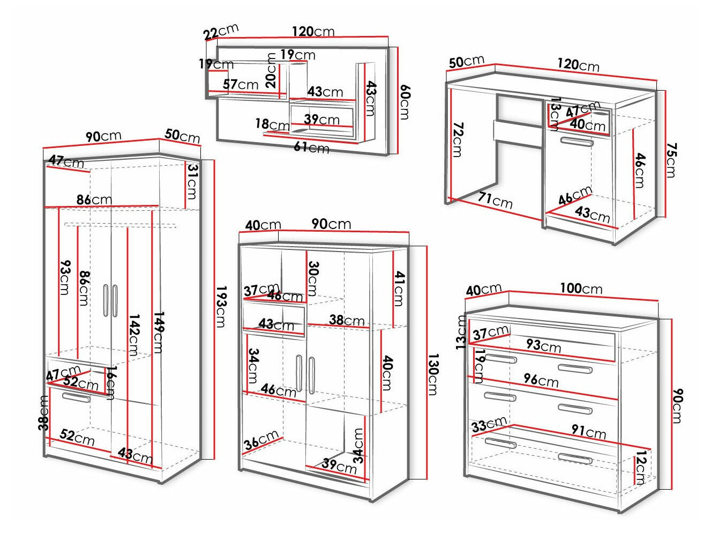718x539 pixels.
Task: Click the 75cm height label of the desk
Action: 671,159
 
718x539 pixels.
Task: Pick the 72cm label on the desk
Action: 457,139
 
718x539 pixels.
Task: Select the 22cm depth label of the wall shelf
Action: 221,32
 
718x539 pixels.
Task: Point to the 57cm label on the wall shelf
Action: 241,84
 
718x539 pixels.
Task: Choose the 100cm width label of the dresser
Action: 581,288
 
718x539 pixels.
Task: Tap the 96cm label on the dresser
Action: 541,381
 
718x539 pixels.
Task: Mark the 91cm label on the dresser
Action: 588,432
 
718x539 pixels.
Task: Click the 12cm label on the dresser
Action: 639,469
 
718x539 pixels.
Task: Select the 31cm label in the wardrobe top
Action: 191,181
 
